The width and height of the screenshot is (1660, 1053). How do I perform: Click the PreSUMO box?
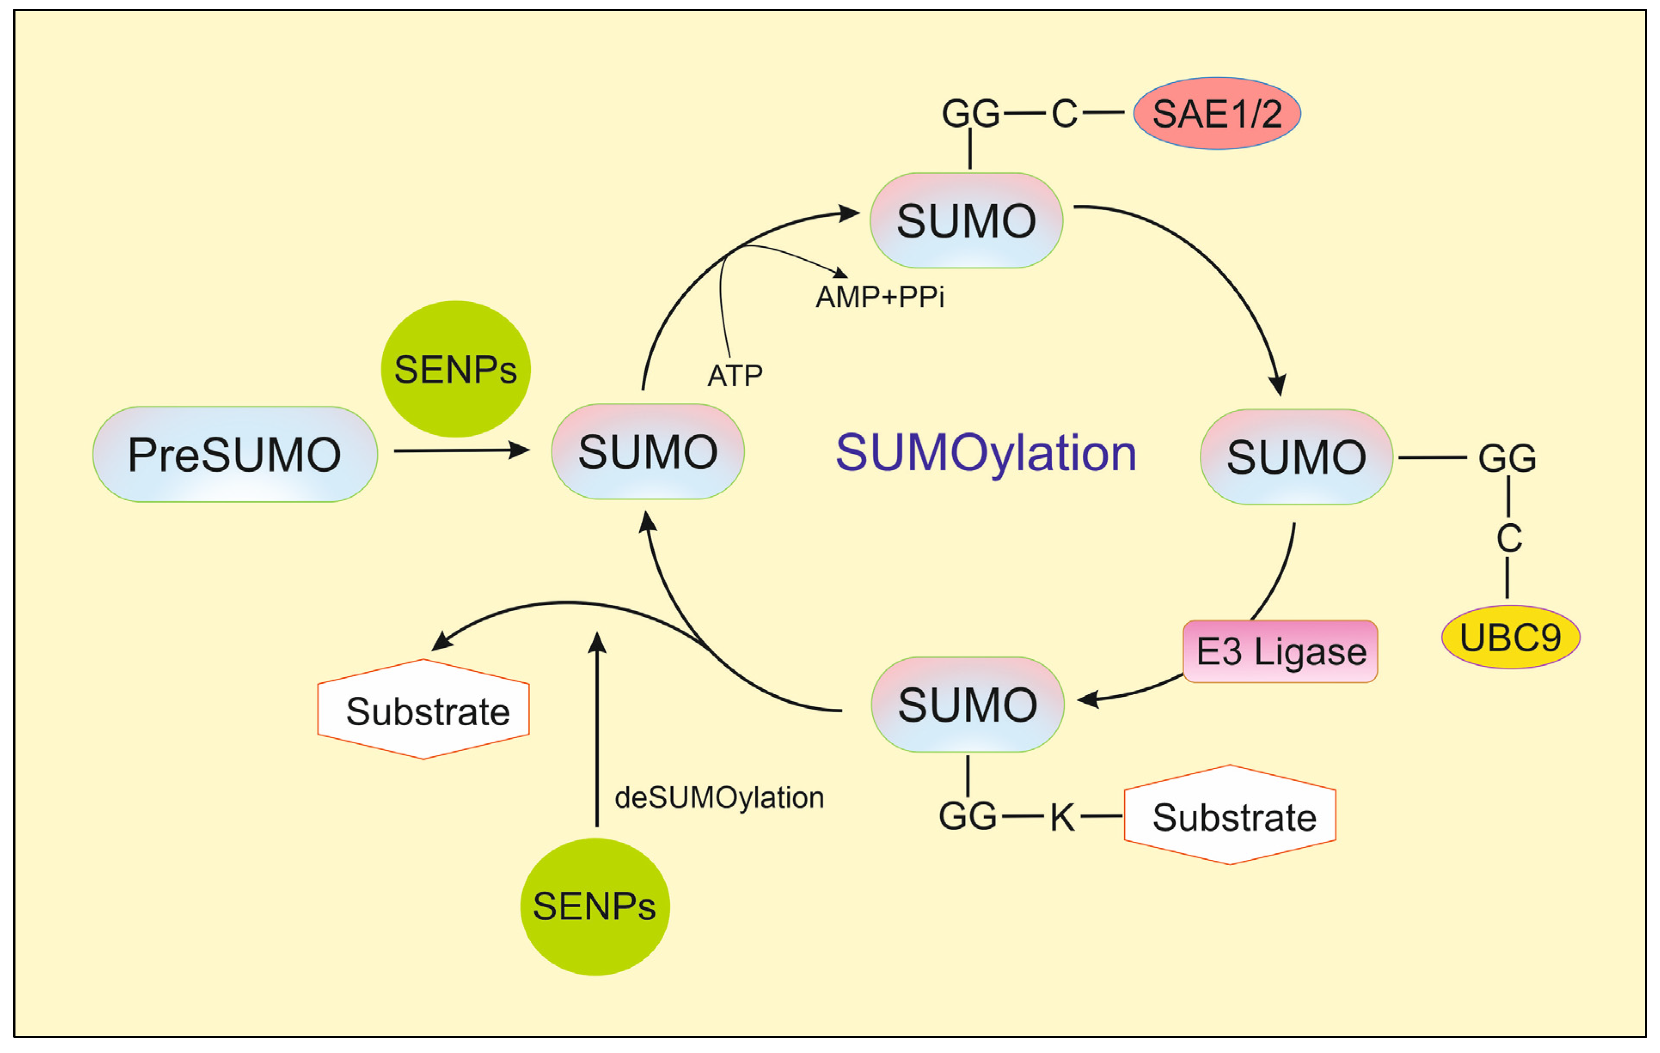[x=235, y=454]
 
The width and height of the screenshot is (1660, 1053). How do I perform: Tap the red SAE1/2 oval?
[x=1217, y=113]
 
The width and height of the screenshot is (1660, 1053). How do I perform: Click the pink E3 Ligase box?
[x=1280, y=651]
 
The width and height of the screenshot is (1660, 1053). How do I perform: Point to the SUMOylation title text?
[x=986, y=453]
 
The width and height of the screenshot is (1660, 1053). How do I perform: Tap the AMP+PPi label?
[x=880, y=297]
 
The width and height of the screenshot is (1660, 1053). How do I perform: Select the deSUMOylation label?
[x=719, y=797]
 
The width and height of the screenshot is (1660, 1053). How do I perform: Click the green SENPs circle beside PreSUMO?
[x=456, y=369]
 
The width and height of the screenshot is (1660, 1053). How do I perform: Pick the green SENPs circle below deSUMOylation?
[x=595, y=906]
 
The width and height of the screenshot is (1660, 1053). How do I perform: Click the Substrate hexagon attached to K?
[x=1230, y=815]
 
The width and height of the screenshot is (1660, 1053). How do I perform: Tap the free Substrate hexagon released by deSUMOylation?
[x=423, y=709]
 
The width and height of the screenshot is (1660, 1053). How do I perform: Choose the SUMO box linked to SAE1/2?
[x=967, y=221]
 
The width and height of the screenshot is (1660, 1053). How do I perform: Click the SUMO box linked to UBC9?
[x=1297, y=457]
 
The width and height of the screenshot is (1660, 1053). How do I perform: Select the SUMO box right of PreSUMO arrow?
[x=648, y=451]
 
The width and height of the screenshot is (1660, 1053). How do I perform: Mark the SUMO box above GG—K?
[x=968, y=704]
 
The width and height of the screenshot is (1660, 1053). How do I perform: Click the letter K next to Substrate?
[x=1063, y=817]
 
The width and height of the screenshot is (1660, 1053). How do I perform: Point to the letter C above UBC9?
[x=1509, y=538]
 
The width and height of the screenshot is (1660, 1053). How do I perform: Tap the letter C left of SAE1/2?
[x=1064, y=113]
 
